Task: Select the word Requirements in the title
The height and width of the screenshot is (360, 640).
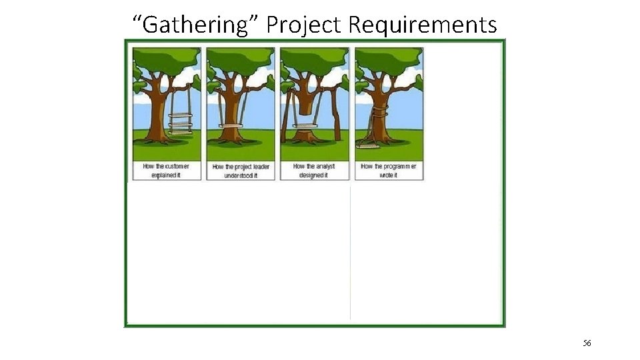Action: point(423,25)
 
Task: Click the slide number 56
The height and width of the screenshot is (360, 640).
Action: point(587,343)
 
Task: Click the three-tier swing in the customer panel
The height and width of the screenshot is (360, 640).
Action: point(179,123)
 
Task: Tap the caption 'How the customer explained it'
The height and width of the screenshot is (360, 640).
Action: point(166,170)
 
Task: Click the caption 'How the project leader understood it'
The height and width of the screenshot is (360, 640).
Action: point(241,170)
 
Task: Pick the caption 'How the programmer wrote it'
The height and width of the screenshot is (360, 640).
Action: point(389,170)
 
